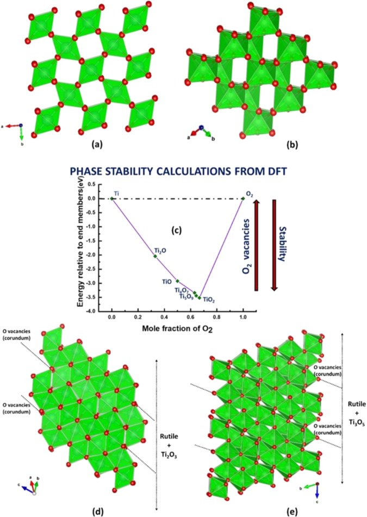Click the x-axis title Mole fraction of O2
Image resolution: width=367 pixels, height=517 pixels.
(x=176, y=328)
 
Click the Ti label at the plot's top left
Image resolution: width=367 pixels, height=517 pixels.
(x=116, y=194)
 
